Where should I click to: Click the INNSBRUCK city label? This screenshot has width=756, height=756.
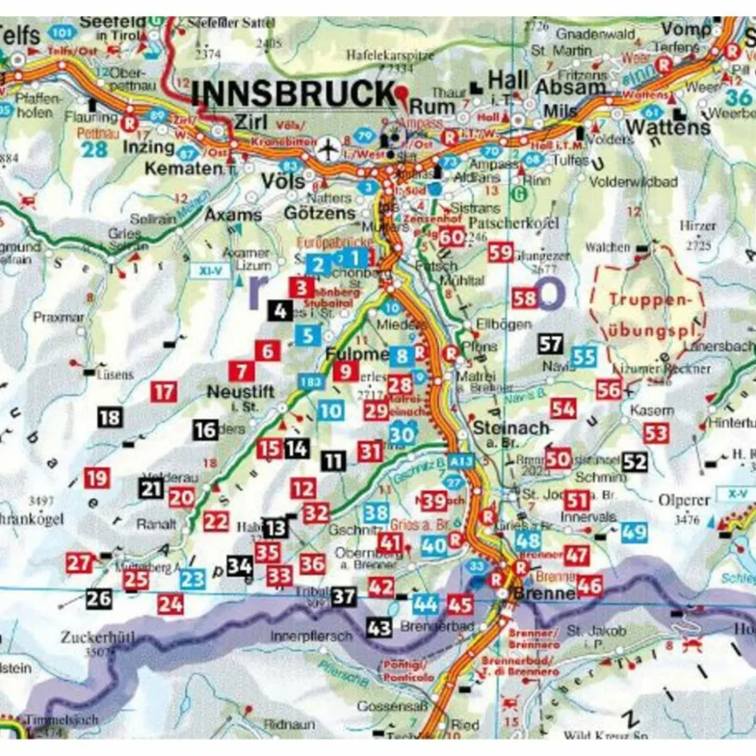294,94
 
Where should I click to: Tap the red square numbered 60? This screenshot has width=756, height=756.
452,236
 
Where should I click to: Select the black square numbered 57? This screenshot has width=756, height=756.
550,344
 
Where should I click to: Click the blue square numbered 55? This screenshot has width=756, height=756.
584,357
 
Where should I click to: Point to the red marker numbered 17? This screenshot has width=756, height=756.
163,392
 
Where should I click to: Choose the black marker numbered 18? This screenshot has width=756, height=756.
110,416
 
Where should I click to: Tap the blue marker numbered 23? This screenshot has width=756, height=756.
192,580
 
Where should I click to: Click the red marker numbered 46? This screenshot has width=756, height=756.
589,585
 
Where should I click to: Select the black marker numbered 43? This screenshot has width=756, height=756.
379,628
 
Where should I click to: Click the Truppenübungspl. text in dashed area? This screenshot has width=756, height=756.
649,316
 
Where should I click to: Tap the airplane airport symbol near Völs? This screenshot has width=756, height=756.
328,149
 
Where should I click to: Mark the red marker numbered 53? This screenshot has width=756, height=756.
656,433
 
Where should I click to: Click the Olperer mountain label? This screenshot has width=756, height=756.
684,501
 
